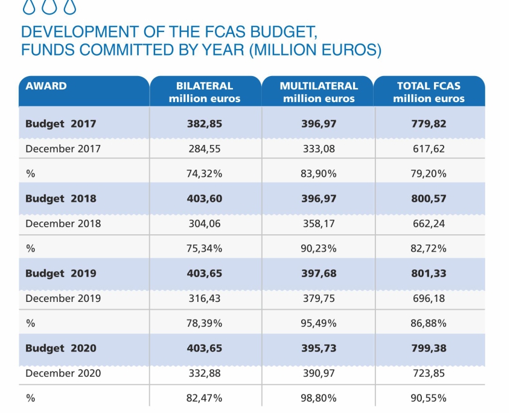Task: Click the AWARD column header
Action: pos(46,86)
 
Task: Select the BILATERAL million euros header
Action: pos(205,92)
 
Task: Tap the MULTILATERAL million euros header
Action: pos(318,92)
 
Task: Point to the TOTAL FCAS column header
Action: pos(429,92)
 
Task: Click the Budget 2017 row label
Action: pos(60,124)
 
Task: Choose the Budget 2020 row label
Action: pos(60,348)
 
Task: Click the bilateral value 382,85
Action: pos(205,124)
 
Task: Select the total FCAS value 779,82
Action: pos(429,124)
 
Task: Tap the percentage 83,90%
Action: pos(319,174)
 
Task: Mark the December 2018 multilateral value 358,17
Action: pos(319,223)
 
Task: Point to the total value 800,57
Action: pos(429,199)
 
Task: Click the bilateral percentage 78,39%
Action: pos(205,323)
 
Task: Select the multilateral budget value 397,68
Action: pos(319,274)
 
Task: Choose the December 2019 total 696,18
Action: pos(429,298)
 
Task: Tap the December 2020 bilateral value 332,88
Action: pos(205,373)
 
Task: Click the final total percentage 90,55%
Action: pos(429,398)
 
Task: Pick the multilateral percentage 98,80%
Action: pos(319,398)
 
